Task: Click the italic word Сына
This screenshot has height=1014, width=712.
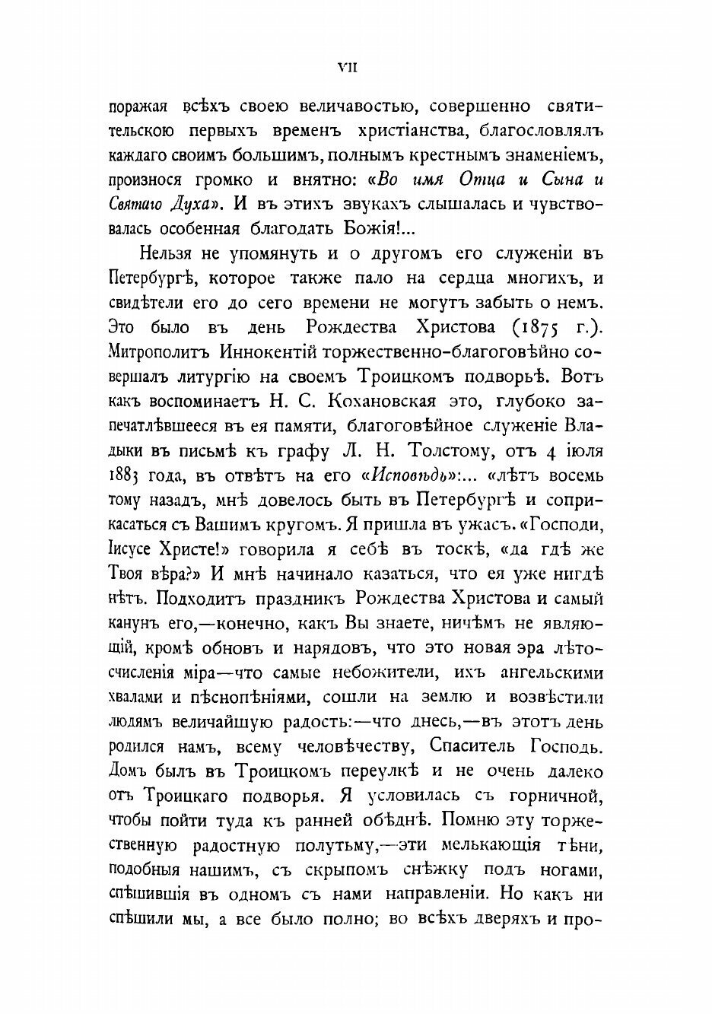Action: tap(564, 183)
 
